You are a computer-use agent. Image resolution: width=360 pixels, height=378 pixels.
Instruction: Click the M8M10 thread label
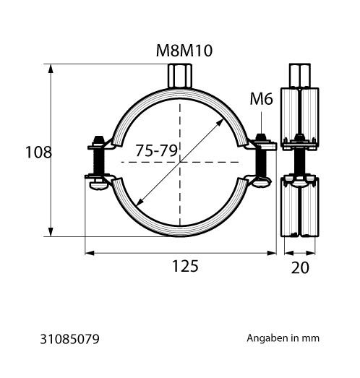click(184, 51)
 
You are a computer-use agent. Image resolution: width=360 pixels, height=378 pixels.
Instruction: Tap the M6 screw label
click(261, 99)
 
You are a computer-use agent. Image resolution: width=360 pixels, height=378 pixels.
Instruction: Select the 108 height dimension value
click(38, 152)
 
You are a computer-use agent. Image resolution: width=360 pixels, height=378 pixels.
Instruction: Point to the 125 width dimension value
click(185, 266)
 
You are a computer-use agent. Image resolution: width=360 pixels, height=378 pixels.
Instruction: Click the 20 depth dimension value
click(300, 267)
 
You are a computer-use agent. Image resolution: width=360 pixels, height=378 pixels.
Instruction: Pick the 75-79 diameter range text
click(156, 150)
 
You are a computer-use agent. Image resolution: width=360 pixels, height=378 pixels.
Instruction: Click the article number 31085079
click(69, 339)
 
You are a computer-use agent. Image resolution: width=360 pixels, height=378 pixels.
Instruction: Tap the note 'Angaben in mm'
click(283, 338)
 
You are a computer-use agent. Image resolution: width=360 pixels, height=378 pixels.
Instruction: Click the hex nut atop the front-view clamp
click(179, 75)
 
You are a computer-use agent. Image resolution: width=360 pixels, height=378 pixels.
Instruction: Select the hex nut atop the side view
click(300, 75)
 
